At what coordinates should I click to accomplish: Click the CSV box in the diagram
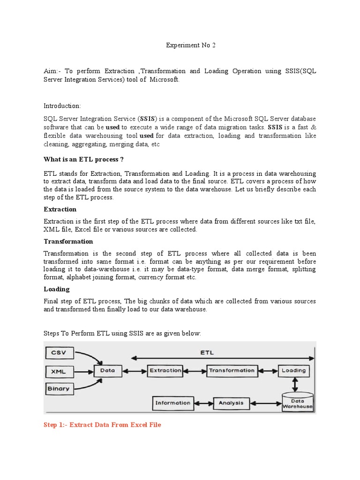coord(58,352)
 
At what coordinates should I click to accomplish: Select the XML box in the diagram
coord(58,371)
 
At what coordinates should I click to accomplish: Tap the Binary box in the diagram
coord(58,389)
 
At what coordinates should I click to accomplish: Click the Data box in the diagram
coord(108,370)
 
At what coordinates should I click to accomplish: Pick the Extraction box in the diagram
coord(165,370)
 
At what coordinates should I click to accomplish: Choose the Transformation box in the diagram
coord(232,370)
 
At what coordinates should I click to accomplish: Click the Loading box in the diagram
coord(294,370)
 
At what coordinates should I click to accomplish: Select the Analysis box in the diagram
coord(231,403)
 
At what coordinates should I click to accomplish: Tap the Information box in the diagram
coord(173,403)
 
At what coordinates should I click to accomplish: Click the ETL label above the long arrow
coord(207,352)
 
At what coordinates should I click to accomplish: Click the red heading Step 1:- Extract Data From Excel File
coord(102,425)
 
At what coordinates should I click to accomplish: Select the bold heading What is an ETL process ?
coord(83,159)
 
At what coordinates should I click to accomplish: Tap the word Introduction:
coord(62,106)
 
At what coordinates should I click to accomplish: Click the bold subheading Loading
coord(56,289)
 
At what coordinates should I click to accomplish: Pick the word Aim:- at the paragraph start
coord(52,71)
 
